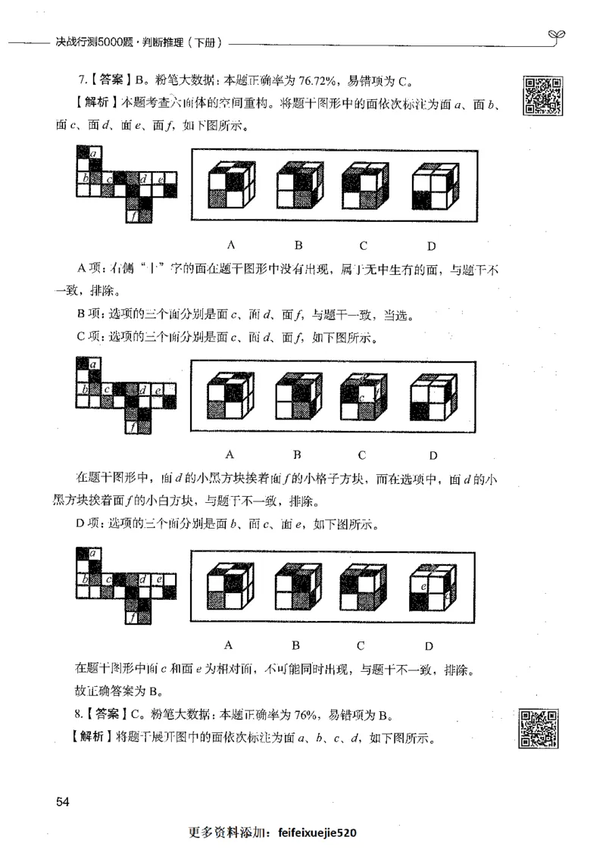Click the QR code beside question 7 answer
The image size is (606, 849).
click(x=542, y=96)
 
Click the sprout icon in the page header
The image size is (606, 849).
click(x=557, y=35)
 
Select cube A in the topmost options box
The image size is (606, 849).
click(x=229, y=185)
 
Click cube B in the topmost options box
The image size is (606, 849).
click(x=298, y=185)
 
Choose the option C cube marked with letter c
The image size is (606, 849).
click(x=363, y=395)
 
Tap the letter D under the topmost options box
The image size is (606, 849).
click(x=430, y=245)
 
